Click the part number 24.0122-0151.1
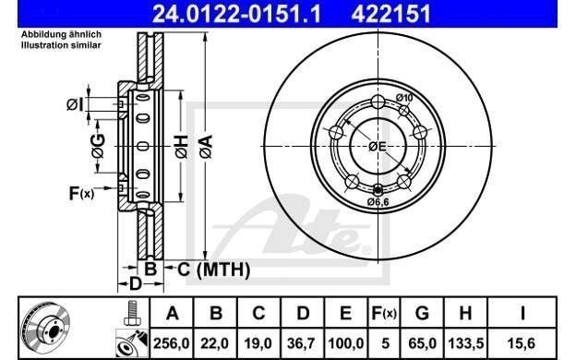click(x=236, y=14)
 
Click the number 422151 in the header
click(x=390, y=14)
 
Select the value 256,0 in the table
click(x=172, y=343)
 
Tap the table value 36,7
click(x=303, y=343)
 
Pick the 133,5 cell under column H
click(x=465, y=343)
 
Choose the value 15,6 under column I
click(x=522, y=343)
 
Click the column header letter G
click(x=422, y=313)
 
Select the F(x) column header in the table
click(x=384, y=313)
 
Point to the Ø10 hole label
click(x=404, y=98)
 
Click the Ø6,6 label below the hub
click(x=378, y=201)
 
